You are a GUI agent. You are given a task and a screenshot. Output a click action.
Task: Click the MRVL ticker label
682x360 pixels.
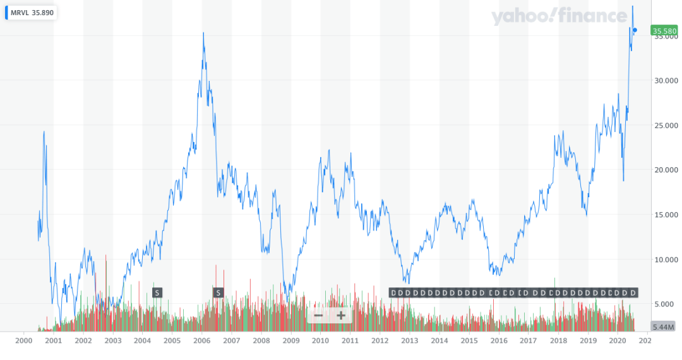pyautogui.click(x=20, y=13)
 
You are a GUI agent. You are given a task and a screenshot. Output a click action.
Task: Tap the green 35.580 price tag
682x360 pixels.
pyautogui.click(x=664, y=30)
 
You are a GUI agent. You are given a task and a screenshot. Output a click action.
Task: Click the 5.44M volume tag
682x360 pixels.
pyautogui.click(x=664, y=327)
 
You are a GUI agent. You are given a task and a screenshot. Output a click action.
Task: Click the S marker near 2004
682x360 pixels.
pyautogui.click(x=157, y=292)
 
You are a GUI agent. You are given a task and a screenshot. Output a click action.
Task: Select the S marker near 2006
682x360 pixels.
pyautogui.click(x=218, y=292)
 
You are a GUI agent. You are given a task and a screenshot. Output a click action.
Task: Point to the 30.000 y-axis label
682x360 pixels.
pyautogui.click(x=664, y=80)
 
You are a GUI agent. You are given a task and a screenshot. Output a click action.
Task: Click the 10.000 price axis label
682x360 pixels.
pyautogui.click(x=664, y=260)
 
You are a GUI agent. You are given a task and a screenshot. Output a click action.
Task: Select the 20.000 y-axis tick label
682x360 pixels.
pyautogui.click(x=664, y=170)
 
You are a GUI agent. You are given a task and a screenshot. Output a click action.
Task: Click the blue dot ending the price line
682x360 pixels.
pyautogui.click(x=635, y=30)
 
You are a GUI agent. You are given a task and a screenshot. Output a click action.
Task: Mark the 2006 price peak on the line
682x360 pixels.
pyautogui.click(x=203, y=33)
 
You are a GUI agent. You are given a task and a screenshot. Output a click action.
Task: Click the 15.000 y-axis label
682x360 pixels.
pyautogui.click(x=664, y=215)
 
